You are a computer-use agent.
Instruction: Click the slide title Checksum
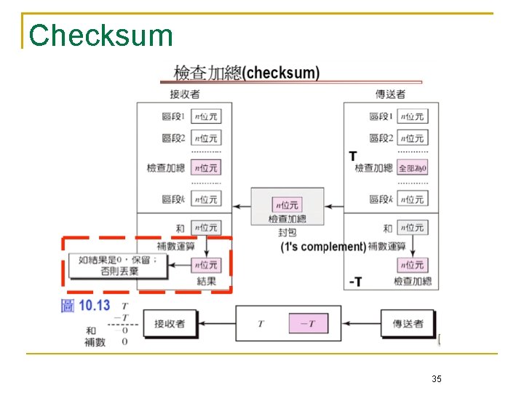point(101,35)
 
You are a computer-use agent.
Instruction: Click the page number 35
point(437,378)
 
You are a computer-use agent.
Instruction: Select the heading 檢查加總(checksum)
point(246,73)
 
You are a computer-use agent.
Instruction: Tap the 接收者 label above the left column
point(185,94)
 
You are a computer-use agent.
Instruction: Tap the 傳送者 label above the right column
point(391,94)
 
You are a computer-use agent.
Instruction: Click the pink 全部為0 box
point(413,168)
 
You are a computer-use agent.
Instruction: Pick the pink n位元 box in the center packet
point(287,205)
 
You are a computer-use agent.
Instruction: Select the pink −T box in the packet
point(308,323)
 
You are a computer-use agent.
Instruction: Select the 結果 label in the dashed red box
point(206,281)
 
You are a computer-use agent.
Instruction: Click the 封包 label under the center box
point(287,232)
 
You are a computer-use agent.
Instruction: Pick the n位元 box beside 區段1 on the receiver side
point(205,116)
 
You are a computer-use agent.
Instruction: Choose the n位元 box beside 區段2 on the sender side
point(413,138)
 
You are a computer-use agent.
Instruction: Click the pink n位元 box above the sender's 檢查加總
point(413,265)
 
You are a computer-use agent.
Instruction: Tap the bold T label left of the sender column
point(353,156)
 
